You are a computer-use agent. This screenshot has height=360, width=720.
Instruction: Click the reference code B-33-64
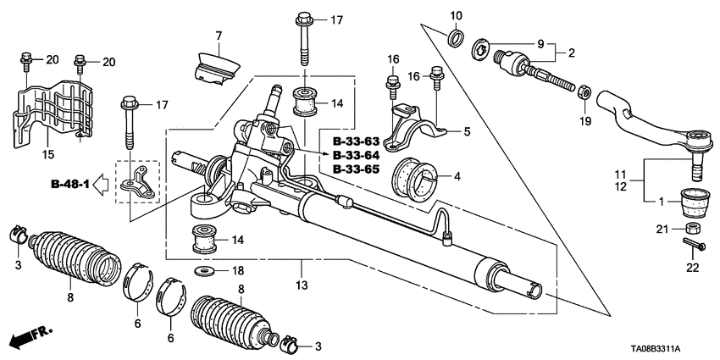[356, 156]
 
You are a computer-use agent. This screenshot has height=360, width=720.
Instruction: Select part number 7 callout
[218, 36]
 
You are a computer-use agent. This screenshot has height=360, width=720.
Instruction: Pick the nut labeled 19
[585, 88]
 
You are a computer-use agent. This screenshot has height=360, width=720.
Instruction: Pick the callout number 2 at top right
[572, 53]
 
